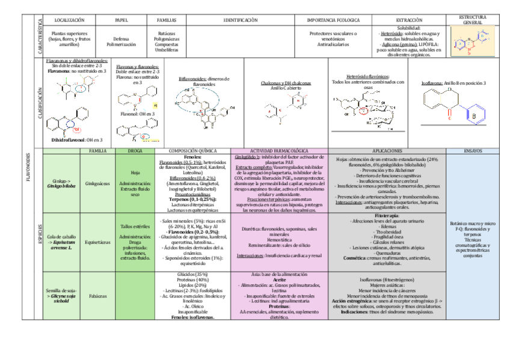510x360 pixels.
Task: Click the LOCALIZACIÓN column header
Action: (65, 20)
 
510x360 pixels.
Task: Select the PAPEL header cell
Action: (121, 20)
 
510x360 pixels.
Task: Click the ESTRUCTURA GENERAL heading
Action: (472, 19)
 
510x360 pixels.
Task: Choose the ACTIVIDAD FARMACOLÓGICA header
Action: (278, 150)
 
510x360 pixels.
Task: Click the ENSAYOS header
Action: (472, 150)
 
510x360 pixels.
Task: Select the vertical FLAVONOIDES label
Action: (29, 165)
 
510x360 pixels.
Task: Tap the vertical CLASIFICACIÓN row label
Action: (40, 102)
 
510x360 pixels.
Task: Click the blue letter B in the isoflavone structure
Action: (473, 115)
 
